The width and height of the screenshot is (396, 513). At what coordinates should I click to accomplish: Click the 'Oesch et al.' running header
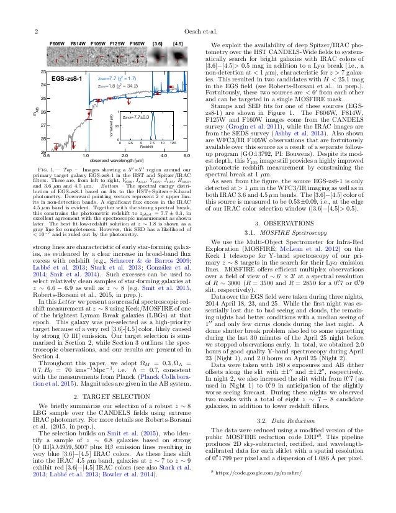coord(198,30)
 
